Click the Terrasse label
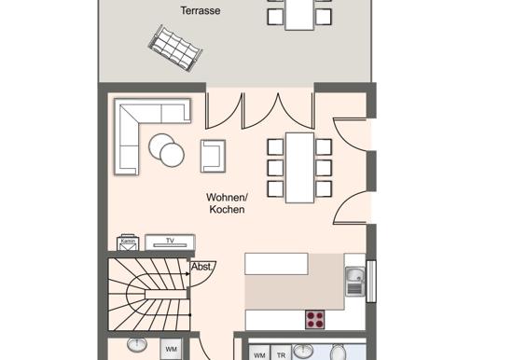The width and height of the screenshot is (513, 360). tap(201, 10)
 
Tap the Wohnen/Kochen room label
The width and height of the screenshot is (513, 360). tap(227, 203)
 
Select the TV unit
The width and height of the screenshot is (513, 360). tap(170, 242)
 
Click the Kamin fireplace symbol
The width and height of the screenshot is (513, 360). tap(128, 242)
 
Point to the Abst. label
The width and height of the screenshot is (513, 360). tap(201, 267)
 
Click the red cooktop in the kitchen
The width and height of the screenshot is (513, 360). tap(314, 319)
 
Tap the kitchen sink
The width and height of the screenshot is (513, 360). tap(355, 281)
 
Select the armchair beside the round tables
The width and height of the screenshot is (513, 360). tap(213, 156)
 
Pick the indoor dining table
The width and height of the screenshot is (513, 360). tap(299, 168)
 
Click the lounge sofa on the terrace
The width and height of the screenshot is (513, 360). tap(175, 48)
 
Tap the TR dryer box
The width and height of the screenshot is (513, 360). tap(281, 354)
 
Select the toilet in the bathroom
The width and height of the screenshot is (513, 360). tap(339, 353)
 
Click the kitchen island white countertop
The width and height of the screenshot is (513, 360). tap(276, 264)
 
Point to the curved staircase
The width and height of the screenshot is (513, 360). tap(149, 294)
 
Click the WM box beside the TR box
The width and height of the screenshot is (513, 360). tap(259, 354)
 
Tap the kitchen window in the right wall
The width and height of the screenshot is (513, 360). tap(371, 282)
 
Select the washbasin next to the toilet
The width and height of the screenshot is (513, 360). tap(303, 352)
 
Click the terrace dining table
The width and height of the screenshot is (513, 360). tap(299, 15)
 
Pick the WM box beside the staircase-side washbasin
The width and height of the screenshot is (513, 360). tap(171, 349)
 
